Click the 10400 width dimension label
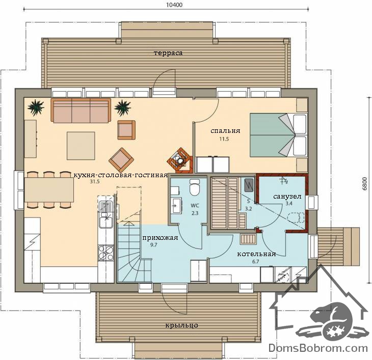pos(174,5)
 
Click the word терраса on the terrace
pos(168,53)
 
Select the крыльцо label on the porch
pos(181,325)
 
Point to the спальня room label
pos(225,130)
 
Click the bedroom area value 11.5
pos(224,139)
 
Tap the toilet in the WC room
pos(195,187)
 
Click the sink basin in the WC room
pos(176,206)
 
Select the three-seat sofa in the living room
pos(81,110)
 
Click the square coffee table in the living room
pos(81,146)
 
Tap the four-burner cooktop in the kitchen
pos(106,253)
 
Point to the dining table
pos(49,189)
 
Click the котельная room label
pos(256,254)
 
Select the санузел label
pos(287,197)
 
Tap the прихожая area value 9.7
pos(154,245)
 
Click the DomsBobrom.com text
pos(318,348)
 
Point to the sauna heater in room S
pos(249,185)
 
